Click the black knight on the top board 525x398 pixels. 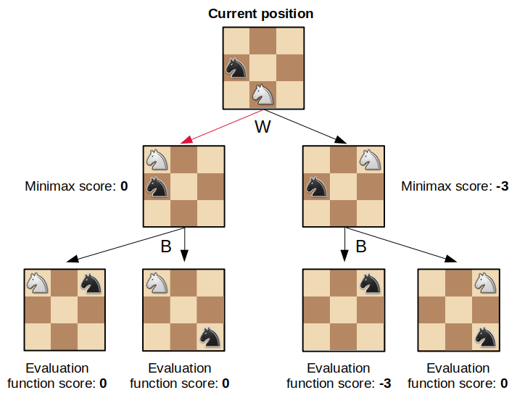click(236, 68)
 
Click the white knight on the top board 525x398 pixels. click(262, 94)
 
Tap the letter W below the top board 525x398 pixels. click(262, 128)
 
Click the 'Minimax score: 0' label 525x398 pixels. click(76, 186)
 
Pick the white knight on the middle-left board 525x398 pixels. click(157, 159)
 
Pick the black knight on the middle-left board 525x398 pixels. click(157, 186)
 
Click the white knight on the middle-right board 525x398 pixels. click(370, 159)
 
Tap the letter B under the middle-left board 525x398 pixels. click(165, 246)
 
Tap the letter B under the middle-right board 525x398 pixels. click(360, 246)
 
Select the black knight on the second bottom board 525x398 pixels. click(210, 336)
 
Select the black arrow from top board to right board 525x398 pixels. click(305, 126)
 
